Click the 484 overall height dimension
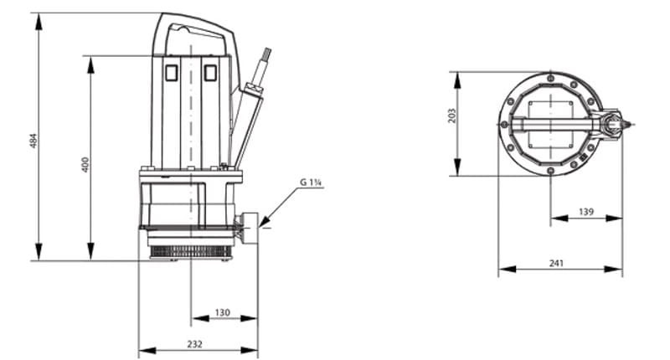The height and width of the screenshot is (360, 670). pos(33,141)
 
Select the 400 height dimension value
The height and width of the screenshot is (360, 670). pos(85,164)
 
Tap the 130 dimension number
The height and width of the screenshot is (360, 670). pos(222,312)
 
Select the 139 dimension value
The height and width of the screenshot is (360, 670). pos(587,213)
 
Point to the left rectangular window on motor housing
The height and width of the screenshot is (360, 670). pos(171,73)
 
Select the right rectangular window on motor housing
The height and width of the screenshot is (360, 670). pos(210,73)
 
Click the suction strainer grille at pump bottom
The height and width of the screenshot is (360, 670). pos(190,249)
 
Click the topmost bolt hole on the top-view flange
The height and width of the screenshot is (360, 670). pos(550,77)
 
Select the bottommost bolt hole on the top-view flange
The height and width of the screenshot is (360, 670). pos(550,172)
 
